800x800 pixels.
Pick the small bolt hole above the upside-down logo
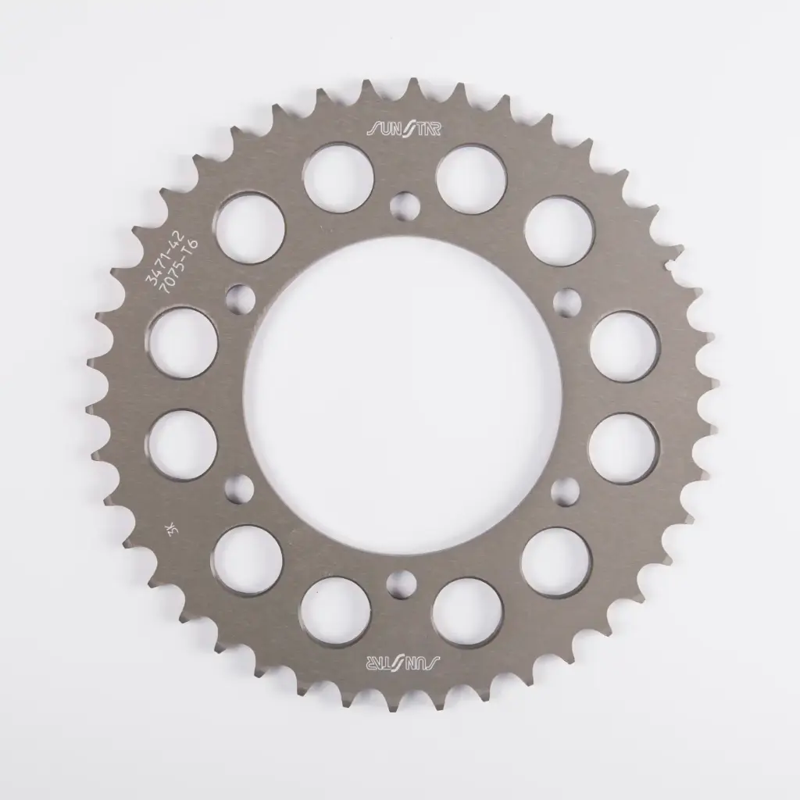pos(402,582)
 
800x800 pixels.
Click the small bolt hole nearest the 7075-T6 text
pos(240,298)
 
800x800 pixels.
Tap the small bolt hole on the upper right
pos(566,299)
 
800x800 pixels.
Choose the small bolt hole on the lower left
pos(238,489)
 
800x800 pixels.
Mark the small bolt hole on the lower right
pos(564,491)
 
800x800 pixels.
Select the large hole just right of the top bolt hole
pos(471,179)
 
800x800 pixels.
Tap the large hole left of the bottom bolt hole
pos(337,612)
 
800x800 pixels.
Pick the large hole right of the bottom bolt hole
pos(466,612)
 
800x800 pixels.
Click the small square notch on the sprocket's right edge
pos(670,267)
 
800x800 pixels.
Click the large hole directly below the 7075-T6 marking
pos(182,344)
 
